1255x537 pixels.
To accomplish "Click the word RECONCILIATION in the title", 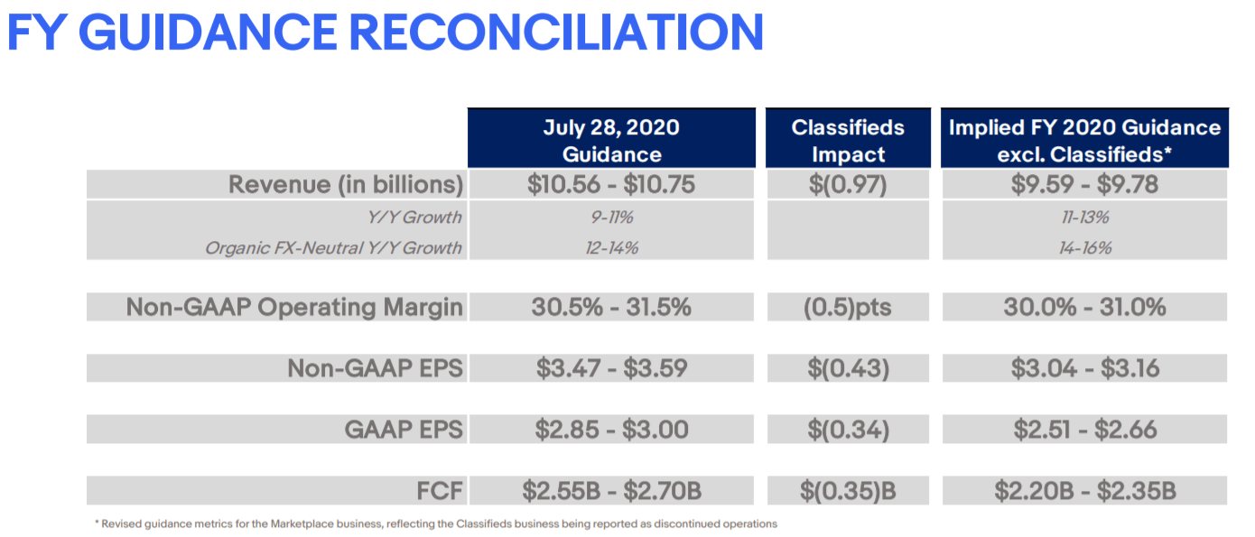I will click(x=556, y=32).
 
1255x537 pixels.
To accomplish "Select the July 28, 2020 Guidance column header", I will click(x=611, y=140).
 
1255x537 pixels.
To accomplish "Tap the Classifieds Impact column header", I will click(x=847, y=140).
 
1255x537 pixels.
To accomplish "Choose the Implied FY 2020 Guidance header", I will click(x=1084, y=140).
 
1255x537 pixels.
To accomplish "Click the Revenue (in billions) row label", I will click(x=346, y=185).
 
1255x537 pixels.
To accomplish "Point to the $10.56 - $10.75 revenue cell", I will click(x=611, y=185).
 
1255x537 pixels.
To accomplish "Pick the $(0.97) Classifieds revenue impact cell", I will click(x=847, y=185).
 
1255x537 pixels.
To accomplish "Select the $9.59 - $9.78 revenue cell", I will click(x=1084, y=185).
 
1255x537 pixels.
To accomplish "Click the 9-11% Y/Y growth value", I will click(x=611, y=218).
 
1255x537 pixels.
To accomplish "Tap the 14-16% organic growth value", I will click(x=1084, y=247).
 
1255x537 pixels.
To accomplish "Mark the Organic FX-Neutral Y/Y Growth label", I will click(x=333, y=247).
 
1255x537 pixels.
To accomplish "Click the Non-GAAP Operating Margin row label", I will click(x=294, y=307).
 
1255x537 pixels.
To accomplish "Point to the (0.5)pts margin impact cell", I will click(x=847, y=307).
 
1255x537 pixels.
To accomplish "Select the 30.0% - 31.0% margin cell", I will click(x=1084, y=307).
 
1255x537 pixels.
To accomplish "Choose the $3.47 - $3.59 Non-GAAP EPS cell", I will click(x=611, y=368).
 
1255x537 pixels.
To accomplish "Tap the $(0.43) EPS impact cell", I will click(x=847, y=368).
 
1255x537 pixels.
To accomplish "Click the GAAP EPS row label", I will click(x=404, y=430).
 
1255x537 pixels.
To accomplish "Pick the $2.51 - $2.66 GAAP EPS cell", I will click(x=1084, y=430).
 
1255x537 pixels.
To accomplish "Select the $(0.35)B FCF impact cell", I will click(x=847, y=491).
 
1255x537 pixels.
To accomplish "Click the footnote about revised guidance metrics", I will click(x=435, y=523).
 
